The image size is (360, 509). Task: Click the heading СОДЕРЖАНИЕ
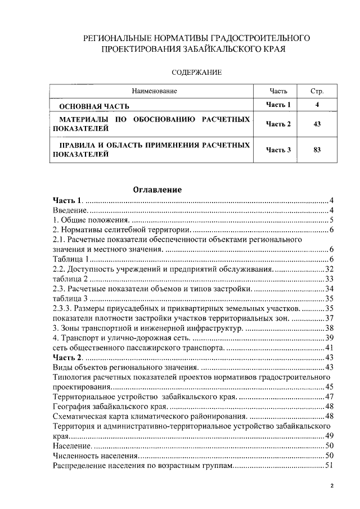(x=197, y=72)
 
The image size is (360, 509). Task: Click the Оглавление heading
(x=157, y=190)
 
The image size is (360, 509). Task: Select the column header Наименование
(x=154, y=91)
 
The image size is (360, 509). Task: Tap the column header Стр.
(x=317, y=91)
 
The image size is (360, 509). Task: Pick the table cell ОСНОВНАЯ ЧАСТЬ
(x=95, y=105)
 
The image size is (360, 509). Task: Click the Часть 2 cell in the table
(x=278, y=124)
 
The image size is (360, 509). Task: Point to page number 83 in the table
(x=317, y=150)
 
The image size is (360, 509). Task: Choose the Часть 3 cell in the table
(x=278, y=150)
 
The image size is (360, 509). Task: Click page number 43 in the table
(x=317, y=124)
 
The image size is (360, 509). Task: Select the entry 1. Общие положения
(x=92, y=220)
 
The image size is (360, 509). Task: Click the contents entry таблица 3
(x=70, y=298)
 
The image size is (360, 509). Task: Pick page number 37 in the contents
(x=330, y=318)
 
